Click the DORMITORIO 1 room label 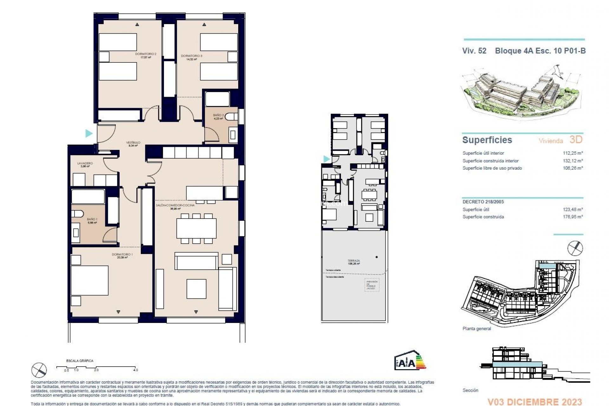coord(122,254)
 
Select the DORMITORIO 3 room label coord(192,56)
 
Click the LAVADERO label coord(85,163)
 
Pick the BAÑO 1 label coord(92,219)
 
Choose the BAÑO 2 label coord(219,115)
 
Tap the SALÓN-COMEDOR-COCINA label coord(175,205)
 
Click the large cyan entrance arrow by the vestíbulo coord(89,133)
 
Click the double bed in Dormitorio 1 coord(89,281)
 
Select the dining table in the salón coord(196,228)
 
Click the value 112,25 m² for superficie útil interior coord(573,153)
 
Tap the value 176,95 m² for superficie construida coord(573,217)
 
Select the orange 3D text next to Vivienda coord(576,140)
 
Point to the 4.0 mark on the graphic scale coord(135,370)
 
